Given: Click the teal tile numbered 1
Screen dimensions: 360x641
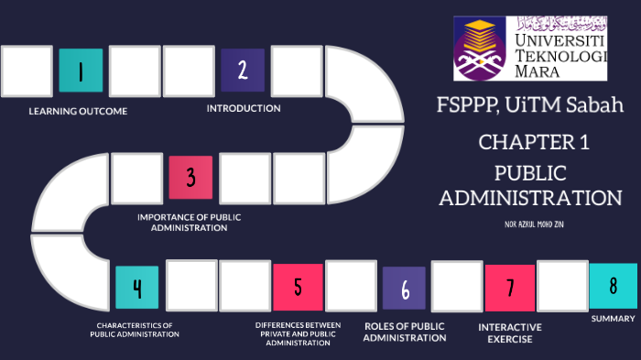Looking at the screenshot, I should click(x=81, y=71).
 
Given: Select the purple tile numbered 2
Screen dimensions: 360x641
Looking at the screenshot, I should click(x=243, y=70).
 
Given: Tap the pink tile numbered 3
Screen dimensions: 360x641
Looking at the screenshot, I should click(x=190, y=177).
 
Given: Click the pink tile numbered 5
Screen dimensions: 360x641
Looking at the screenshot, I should click(x=298, y=287).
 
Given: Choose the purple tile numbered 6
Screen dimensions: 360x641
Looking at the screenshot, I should click(x=404, y=289).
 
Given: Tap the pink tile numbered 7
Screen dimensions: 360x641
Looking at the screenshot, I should click(x=509, y=288).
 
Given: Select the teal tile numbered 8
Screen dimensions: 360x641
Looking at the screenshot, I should click(x=613, y=285).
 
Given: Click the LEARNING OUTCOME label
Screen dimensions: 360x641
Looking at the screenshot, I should click(x=78, y=111).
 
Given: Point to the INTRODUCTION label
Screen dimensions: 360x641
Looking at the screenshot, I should click(x=244, y=108).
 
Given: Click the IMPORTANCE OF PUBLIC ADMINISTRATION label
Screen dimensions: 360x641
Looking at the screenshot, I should click(x=190, y=223).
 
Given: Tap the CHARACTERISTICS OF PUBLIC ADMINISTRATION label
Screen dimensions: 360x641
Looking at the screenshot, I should click(x=135, y=330).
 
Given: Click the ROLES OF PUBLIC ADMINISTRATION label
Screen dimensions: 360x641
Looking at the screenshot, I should click(x=405, y=332).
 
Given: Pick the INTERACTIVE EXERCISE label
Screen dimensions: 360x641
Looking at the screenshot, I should click(x=510, y=332).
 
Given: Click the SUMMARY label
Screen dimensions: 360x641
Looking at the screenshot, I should click(x=613, y=319).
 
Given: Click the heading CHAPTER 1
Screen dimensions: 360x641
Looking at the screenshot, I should click(x=534, y=142).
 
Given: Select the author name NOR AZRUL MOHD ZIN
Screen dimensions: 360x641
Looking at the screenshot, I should click(x=535, y=224).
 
